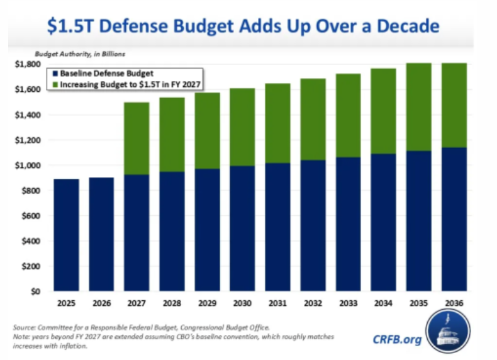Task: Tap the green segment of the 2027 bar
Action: point(136,138)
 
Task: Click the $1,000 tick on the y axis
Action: point(29,166)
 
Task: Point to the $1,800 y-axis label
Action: point(29,64)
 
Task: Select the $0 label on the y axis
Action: point(36,292)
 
